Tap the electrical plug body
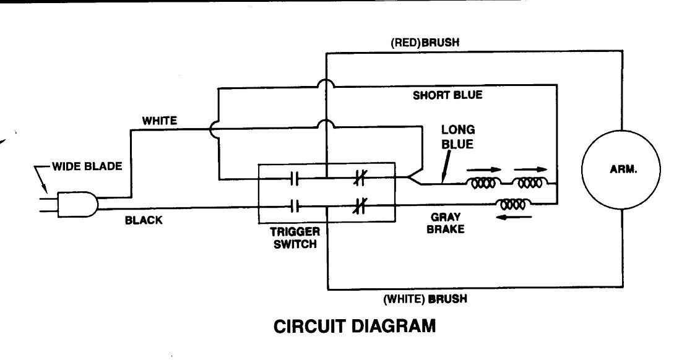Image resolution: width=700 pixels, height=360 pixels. coord(77,204)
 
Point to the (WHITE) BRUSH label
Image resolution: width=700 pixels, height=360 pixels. coord(425,299)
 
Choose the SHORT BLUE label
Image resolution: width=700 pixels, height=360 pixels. coord(447,95)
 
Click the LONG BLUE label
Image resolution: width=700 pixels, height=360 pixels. coord(457,137)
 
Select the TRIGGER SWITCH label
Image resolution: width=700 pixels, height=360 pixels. coord(295,238)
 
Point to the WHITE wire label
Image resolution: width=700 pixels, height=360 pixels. coord(160,121)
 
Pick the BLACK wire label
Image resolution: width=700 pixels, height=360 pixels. coord(144,220)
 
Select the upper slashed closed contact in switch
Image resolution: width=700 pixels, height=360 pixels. coord(360,179)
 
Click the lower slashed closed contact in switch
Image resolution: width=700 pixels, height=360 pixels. coord(360,205)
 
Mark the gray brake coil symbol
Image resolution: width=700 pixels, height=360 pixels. coord(512,203)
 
